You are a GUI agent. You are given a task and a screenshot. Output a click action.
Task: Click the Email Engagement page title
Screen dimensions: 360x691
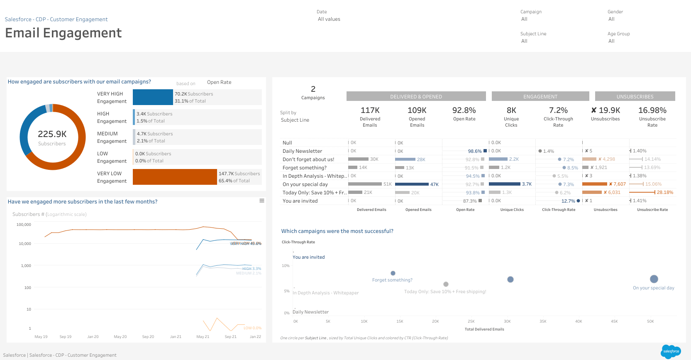[x=63, y=33]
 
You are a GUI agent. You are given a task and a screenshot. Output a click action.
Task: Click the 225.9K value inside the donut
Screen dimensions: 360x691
[x=52, y=134]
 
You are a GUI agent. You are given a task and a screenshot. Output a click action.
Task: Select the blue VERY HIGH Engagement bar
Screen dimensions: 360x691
[x=153, y=97]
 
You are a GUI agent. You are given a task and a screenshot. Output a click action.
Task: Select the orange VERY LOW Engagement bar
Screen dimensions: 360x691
[x=175, y=177]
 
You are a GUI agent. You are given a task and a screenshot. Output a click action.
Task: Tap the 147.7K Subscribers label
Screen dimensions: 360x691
[x=239, y=174]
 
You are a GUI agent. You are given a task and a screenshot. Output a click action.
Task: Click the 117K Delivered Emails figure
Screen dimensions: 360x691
[x=370, y=110]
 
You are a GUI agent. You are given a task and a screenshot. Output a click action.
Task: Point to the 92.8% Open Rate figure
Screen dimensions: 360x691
[x=464, y=110]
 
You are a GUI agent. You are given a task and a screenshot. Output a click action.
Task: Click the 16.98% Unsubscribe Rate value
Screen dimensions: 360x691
[x=652, y=110]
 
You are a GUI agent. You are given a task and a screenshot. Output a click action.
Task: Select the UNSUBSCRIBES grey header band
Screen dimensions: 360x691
[x=635, y=96]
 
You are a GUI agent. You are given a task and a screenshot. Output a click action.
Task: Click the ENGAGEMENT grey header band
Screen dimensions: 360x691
[x=540, y=96]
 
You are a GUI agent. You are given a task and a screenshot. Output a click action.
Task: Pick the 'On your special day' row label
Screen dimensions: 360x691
[x=305, y=184]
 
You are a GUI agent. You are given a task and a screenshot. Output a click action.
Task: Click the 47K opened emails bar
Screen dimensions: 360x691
[x=412, y=184]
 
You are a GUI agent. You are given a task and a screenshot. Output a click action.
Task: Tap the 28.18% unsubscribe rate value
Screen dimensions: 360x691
[x=665, y=192]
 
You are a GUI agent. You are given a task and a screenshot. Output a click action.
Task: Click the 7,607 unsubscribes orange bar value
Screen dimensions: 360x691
[x=619, y=184]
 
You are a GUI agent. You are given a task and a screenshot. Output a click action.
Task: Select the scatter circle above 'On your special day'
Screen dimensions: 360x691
[x=654, y=279]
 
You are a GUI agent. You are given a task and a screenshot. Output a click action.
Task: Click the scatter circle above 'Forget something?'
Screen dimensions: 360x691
[x=393, y=273]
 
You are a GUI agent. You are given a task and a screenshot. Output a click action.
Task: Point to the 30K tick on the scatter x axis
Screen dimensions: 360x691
[x=507, y=321]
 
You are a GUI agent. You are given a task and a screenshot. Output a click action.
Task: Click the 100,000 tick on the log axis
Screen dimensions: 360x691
[x=24, y=225]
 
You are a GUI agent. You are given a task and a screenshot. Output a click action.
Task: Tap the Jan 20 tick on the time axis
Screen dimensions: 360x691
[x=93, y=337]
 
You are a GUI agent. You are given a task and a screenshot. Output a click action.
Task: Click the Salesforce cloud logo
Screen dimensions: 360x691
[x=671, y=351]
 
